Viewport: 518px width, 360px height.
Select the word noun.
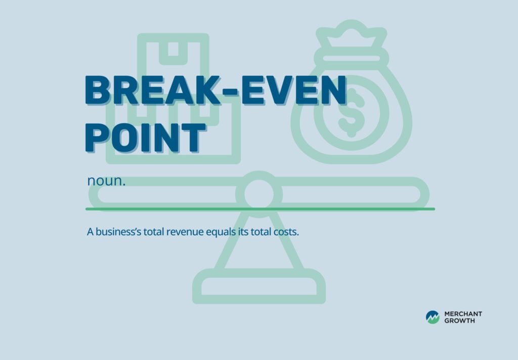(106, 181)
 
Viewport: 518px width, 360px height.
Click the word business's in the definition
(120, 233)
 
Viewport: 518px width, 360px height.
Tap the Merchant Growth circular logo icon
(433, 317)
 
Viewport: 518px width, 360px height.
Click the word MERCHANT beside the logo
(463, 314)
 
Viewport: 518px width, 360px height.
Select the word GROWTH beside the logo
(459, 321)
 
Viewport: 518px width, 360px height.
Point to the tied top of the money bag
(351, 35)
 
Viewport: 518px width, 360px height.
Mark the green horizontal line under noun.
(260, 208)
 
